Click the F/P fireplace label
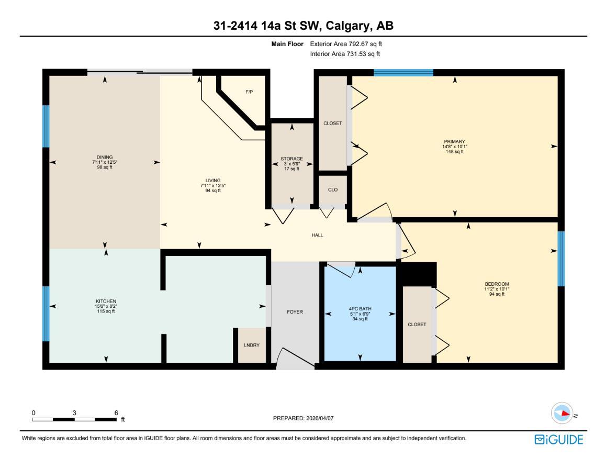click(249, 92)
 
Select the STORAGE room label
click(291, 159)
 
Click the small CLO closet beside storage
click(332, 189)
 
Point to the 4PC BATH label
click(360, 308)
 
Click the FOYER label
click(295, 312)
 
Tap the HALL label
click(317, 236)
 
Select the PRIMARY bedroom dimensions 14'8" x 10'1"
click(454, 147)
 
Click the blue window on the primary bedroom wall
click(403, 73)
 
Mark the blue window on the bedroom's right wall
click(561, 259)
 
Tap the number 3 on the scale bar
click(74, 412)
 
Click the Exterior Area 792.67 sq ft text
click(349, 44)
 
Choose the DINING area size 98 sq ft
click(105, 167)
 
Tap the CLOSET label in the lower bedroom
click(417, 325)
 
